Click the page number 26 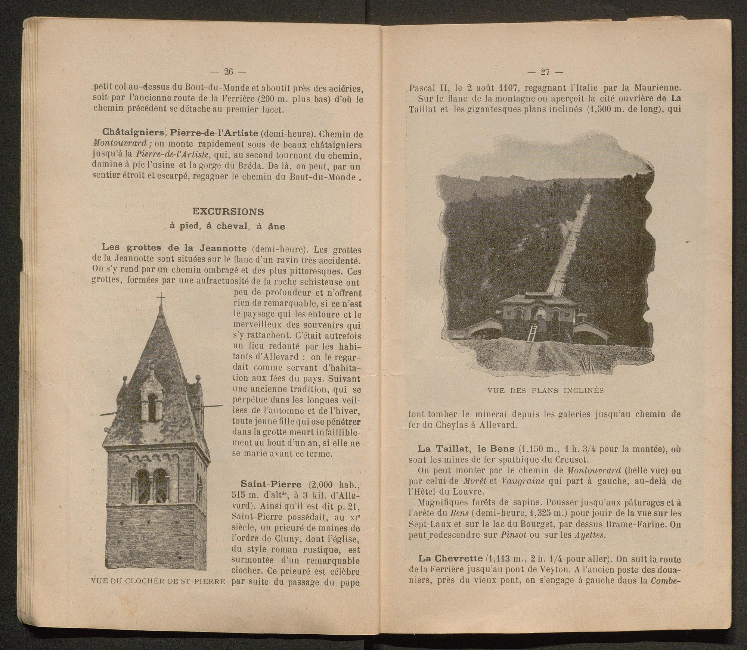point(228,71)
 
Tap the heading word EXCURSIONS point(228,212)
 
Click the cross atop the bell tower point(161,299)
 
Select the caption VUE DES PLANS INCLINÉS point(546,391)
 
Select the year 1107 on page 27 point(500,88)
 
